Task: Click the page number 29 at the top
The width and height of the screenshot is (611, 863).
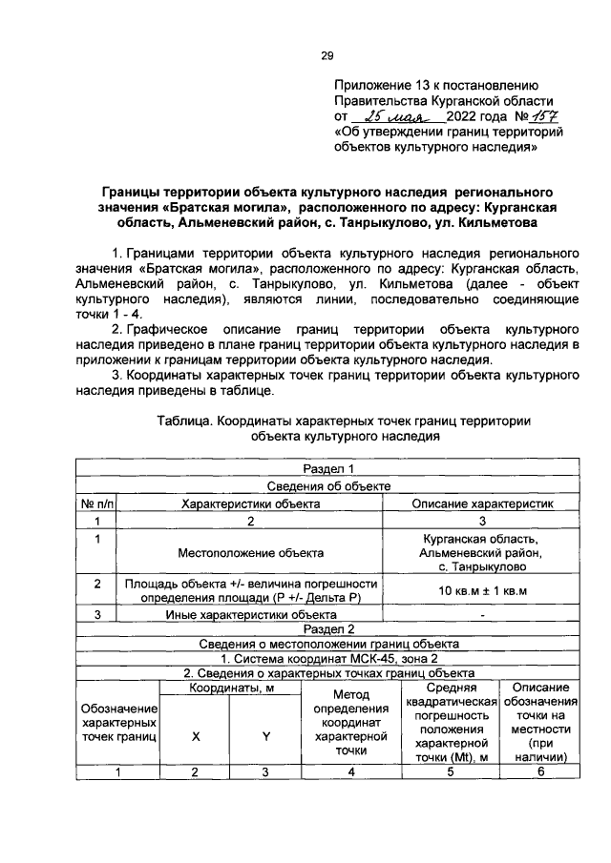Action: (x=327, y=55)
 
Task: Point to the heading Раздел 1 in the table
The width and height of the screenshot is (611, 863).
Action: (x=328, y=469)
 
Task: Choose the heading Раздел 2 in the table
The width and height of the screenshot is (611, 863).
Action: (x=328, y=628)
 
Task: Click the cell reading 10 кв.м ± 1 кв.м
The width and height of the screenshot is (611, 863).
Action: (x=483, y=591)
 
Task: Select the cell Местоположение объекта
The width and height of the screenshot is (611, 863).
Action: (x=250, y=552)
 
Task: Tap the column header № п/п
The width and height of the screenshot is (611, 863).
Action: (x=96, y=503)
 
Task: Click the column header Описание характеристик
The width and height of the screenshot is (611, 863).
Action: (x=483, y=503)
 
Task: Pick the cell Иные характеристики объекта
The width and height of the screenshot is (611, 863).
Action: (x=250, y=614)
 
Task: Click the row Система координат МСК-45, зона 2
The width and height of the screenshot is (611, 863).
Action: (x=328, y=658)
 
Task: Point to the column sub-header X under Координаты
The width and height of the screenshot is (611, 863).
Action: (x=197, y=736)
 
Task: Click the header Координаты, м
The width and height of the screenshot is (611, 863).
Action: (x=230, y=688)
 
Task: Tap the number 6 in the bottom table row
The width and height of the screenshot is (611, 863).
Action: (x=539, y=772)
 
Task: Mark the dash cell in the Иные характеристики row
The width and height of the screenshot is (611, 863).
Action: (x=483, y=614)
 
